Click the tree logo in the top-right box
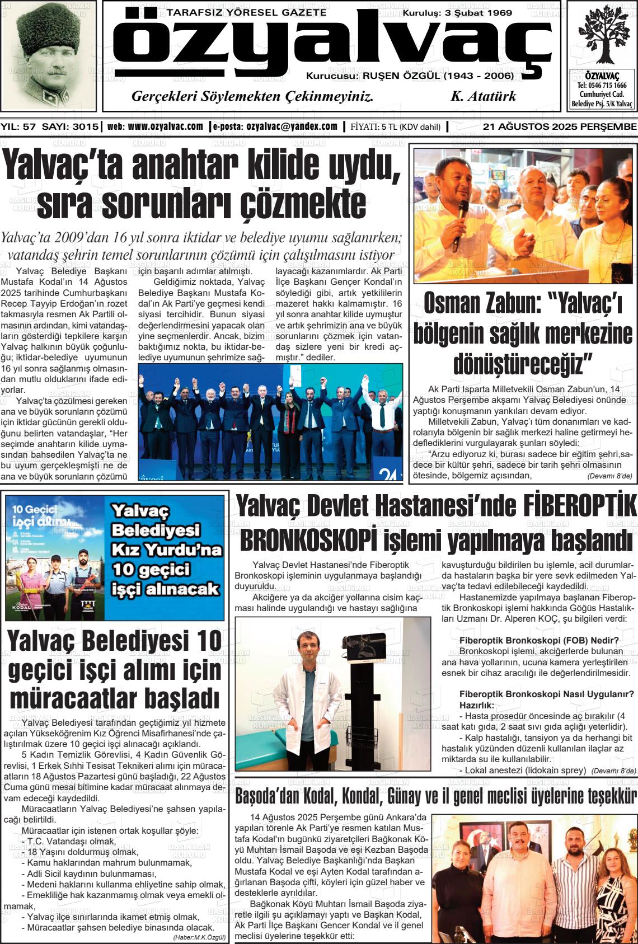coord(602,35)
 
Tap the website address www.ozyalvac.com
coord(165,127)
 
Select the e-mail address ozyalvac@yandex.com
coord(292,127)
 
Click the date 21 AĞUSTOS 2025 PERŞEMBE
coord(559,127)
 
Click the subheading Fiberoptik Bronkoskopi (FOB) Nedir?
coord(538,641)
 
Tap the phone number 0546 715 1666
coord(602,86)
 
